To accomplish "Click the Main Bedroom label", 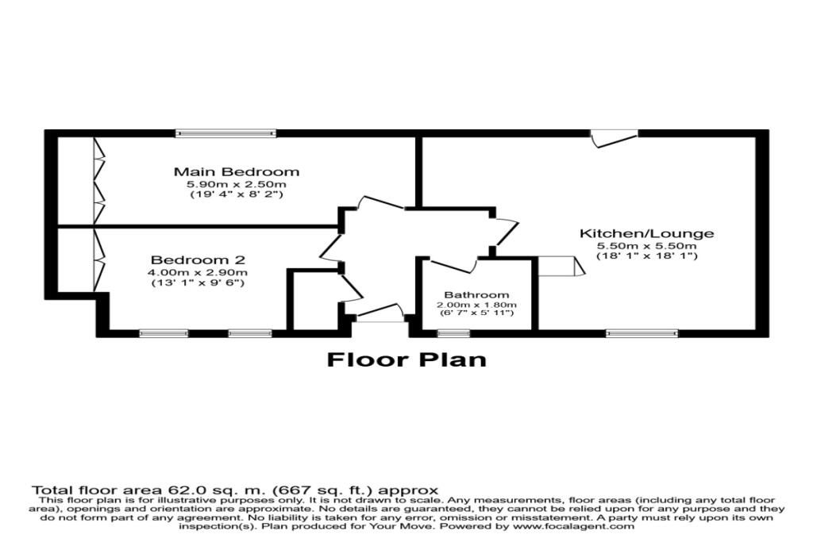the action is (x=237, y=171).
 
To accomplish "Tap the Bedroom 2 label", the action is (x=198, y=259).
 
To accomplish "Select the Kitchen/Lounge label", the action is (x=646, y=233).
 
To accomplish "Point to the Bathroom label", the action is (x=476, y=295).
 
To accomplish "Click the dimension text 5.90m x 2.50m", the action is (x=237, y=184).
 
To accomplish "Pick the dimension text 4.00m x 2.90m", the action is (x=198, y=272).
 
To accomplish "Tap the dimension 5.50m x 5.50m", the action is (x=646, y=246).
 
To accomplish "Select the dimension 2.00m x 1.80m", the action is (x=476, y=305).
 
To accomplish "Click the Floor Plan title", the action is (x=406, y=359).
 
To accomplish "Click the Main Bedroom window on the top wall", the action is (x=225, y=133).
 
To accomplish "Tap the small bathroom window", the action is (x=453, y=333).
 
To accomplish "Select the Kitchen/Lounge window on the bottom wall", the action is (x=642, y=333).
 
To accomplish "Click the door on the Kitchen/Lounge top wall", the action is (x=615, y=139).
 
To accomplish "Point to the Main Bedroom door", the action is (x=381, y=202).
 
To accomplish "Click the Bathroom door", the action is (x=453, y=265).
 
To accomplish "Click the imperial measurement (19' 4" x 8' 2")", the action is (x=237, y=195).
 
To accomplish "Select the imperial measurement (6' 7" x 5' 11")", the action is (x=476, y=313).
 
